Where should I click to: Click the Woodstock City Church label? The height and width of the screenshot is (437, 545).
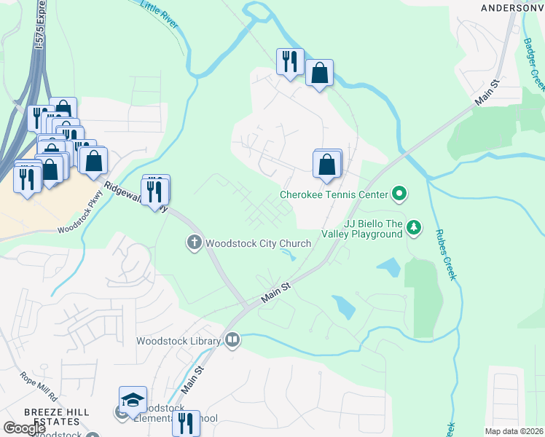(259, 243)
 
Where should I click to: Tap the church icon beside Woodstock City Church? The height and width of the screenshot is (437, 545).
(194, 243)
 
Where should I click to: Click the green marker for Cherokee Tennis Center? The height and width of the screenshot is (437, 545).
(399, 194)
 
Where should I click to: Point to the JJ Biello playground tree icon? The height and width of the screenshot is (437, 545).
(414, 228)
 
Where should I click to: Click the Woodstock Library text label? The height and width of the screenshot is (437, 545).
(179, 341)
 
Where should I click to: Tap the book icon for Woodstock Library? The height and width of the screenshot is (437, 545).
(232, 339)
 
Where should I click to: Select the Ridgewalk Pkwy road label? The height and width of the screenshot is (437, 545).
(136, 197)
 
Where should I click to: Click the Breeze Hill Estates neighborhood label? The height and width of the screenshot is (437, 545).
(56, 417)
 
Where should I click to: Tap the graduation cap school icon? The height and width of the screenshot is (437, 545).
(133, 400)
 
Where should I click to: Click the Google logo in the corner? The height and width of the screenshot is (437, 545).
(24, 428)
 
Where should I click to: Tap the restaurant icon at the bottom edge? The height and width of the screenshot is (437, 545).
(186, 424)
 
